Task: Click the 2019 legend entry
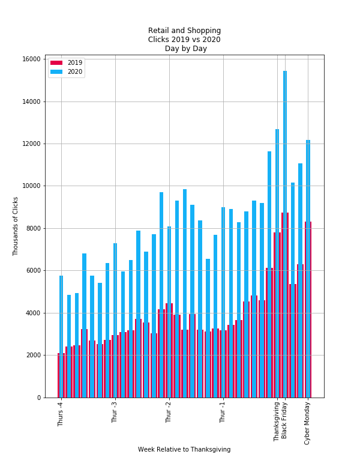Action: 66,62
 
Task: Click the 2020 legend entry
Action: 66,71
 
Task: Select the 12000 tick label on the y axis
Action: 32,144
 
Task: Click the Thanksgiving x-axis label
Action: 277,422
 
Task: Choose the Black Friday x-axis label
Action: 284,420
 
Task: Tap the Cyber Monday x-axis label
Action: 307,423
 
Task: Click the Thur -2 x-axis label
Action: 169,413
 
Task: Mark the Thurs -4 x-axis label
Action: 61,414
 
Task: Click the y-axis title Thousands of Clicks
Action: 16,226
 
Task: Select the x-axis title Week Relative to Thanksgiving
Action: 184,449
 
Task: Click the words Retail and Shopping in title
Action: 184,31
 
